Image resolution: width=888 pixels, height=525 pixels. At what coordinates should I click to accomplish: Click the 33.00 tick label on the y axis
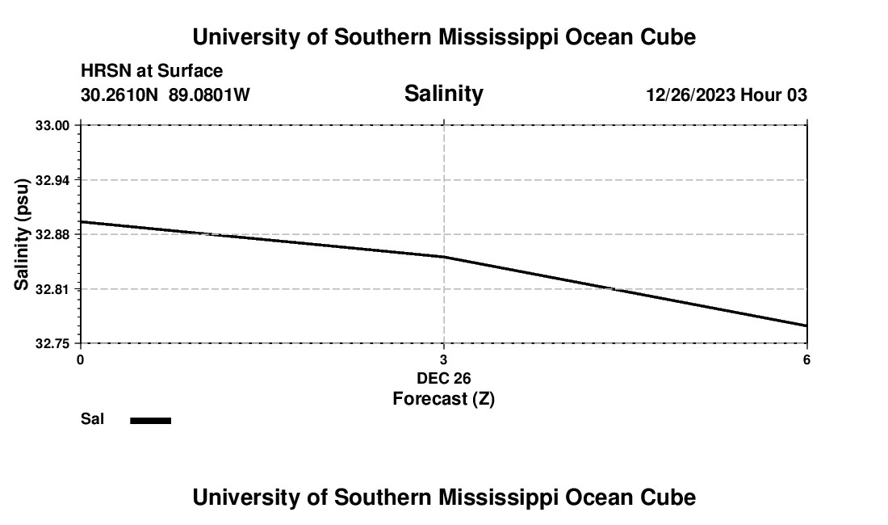(52, 126)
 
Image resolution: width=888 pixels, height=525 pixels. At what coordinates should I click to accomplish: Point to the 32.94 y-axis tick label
(52, 180)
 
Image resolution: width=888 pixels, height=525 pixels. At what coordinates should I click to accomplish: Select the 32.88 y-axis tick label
(52, 235)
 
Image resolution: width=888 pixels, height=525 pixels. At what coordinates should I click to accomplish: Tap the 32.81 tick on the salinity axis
(52, 289)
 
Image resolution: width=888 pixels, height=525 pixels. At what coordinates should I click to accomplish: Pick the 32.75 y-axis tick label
(52, 343)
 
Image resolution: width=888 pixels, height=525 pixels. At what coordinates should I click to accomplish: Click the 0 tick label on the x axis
(80, 359)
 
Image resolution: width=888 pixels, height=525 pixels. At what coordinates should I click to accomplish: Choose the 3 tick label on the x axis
(443, 359)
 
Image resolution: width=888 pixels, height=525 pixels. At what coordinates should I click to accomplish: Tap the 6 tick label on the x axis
(806, 359)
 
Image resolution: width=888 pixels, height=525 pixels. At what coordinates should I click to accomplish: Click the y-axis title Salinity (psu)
(22, 234)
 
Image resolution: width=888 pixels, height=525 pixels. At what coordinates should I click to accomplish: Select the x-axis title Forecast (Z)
(443, 399)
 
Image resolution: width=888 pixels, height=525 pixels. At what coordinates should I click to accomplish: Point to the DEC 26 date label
(443, 378)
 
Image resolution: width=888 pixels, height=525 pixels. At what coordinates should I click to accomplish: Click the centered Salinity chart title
(443, 94)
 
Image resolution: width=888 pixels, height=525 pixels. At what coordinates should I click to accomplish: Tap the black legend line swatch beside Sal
(151, 420)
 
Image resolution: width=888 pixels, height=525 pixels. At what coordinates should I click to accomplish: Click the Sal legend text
(92, 419)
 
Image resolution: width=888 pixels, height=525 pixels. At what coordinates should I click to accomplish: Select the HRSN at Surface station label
(152, 71)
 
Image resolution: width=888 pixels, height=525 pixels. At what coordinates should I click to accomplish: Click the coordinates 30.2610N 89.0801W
(165, 95)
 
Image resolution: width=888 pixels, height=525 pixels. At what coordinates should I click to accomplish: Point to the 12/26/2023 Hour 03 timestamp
(726, 95)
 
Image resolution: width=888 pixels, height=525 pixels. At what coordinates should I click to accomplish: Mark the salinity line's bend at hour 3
(444, 257)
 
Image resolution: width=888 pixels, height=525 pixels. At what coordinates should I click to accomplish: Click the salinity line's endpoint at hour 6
(806, 325)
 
